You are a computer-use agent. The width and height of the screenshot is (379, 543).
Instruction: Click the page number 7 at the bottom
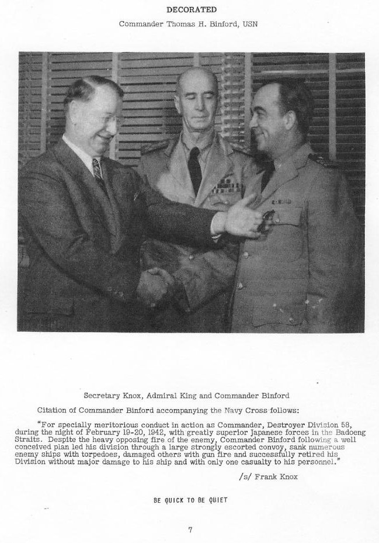pyautogui.click(x=190, y=530)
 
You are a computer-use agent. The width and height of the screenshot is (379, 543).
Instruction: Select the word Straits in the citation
pyautogui.click(x=48, y=439)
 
